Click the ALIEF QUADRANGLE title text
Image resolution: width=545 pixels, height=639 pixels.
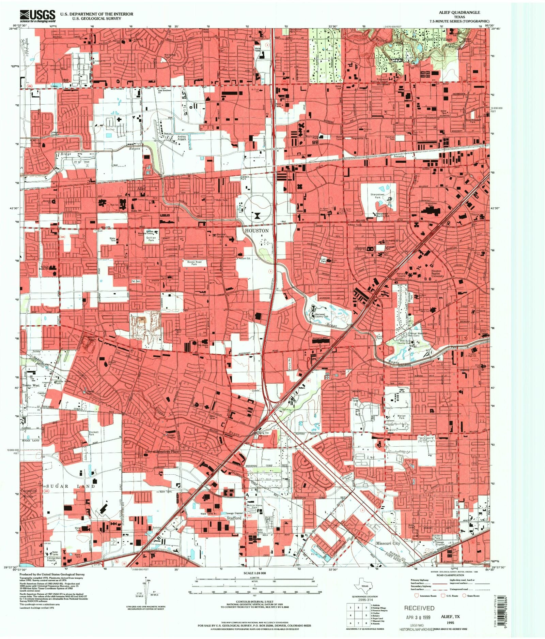pos(460,12)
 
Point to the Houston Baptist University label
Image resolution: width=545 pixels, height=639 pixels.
pos(436,273)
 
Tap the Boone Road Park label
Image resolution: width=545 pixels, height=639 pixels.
pos(194,263)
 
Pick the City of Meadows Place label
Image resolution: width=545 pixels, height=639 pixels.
pos(162,452)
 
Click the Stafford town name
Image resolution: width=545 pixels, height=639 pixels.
pos(234,518)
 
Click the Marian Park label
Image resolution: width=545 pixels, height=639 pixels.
pos(401,417)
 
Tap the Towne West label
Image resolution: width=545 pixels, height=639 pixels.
pos(31,385)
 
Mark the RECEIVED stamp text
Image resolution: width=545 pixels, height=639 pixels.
pos(419,608)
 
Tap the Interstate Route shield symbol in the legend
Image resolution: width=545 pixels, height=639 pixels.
pos(415,596)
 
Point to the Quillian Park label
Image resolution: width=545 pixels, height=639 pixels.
pos(151,239)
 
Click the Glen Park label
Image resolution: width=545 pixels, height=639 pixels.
pos(378,337)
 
